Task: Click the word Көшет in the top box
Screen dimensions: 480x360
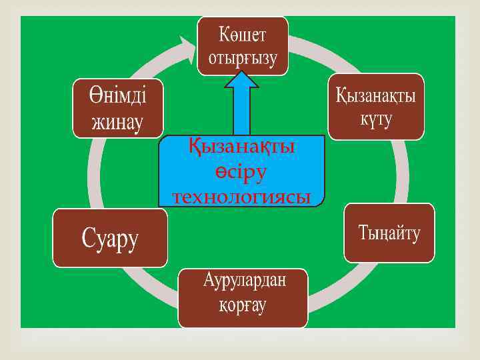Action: [243, 33]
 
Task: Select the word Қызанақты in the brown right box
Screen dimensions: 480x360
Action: [375, 95]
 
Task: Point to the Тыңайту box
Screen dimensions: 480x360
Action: [389, 233]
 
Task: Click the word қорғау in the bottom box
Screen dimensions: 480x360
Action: [243, 305]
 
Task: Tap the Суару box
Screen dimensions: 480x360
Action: [110, 237]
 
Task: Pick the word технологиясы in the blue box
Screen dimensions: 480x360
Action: [242, 197]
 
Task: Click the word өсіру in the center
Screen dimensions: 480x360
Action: [242, 171]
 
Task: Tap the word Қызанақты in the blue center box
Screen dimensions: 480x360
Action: [242, 147]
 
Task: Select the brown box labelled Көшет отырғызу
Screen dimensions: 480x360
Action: [243, 45]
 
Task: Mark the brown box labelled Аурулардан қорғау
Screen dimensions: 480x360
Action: [243, 297]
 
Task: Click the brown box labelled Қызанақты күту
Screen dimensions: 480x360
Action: [375, 107]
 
